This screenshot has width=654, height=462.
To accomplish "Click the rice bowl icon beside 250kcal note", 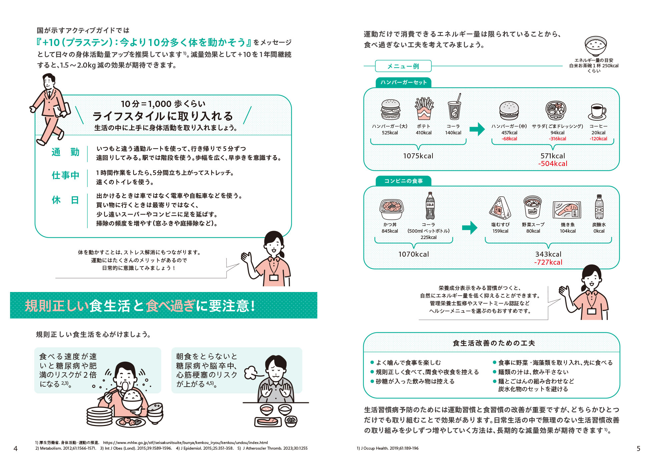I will (x=596, y=46).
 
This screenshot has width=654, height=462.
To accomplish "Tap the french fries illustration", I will (x=424, y=109).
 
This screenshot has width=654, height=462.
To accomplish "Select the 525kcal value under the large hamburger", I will (x=390, y=133).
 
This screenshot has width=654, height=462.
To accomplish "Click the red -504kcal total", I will (x=553, y=164).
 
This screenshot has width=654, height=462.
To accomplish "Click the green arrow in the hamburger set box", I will (x=477, y=129).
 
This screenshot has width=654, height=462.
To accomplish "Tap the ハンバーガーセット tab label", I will (x=403, y=82).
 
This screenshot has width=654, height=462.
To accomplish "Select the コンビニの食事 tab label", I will (x=403, y=181).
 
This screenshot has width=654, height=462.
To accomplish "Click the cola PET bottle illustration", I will (x=430, y=206).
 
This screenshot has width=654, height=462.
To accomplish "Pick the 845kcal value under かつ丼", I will (x=390, y=231).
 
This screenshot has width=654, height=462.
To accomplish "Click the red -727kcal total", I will (x=548, y=262).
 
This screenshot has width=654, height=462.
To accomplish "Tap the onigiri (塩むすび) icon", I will (x=500, y=208).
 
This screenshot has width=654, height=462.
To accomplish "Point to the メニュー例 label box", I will (x=403, y=66).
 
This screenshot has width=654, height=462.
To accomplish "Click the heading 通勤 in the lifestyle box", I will (x=65, y=152).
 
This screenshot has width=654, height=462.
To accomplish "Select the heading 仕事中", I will (x=65, y=175).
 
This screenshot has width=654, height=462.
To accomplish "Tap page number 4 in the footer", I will (x=15, y=449).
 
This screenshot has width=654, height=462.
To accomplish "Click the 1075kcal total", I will (x=418, y=156).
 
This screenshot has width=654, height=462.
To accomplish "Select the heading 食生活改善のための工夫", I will (x=494, y=343).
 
